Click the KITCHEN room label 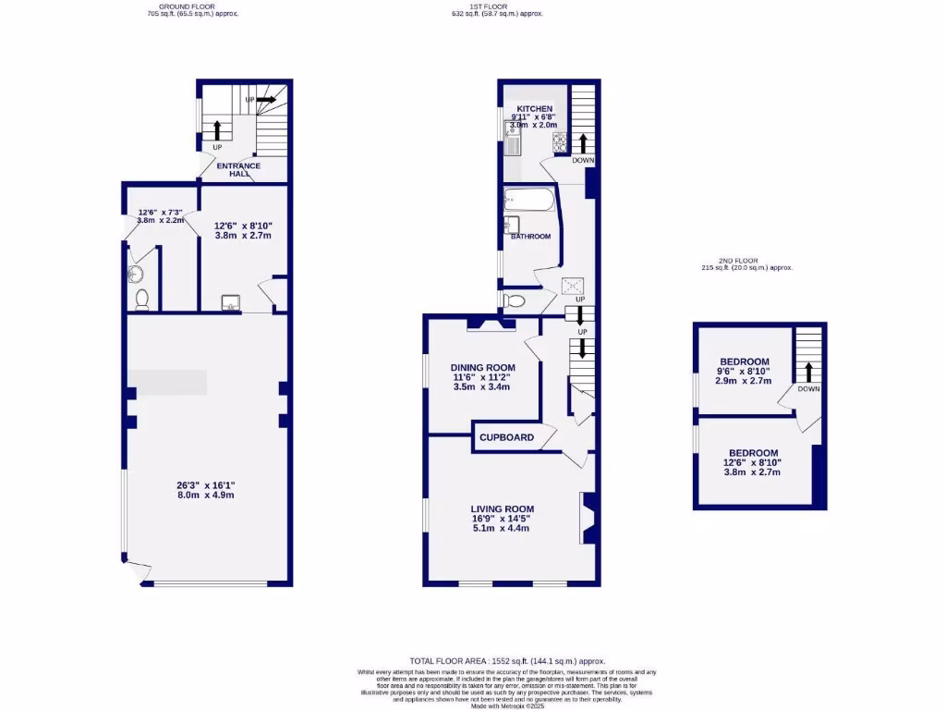coord(534,109)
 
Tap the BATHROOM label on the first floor coord(530,237)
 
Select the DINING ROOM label coord(481,367)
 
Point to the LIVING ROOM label coord(502,509)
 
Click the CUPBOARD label coord(506,437)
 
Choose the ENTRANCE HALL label coord(238,170)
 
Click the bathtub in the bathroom coord(529,200)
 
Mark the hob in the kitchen coord(559,141)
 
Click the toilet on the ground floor coord(141,299)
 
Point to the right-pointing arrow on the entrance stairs coord(265,99)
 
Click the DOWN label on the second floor coord(809,389)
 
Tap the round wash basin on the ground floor coord(137,274)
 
